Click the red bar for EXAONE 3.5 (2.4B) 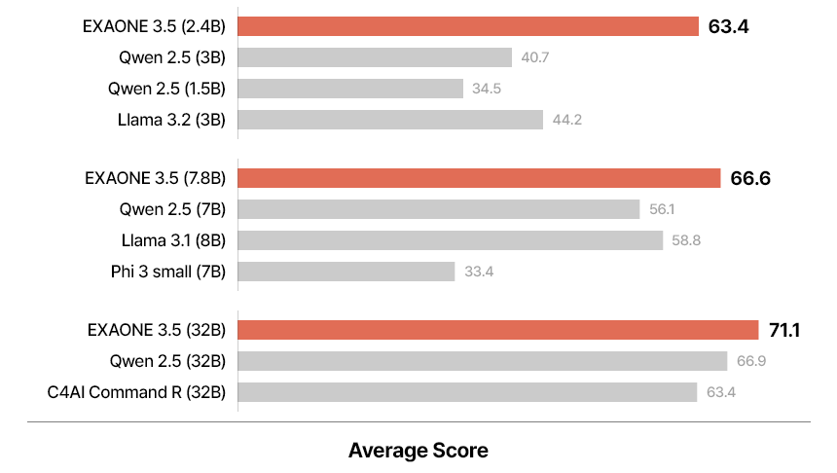(x=468, y=26)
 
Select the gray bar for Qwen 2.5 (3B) (x=375, y=57)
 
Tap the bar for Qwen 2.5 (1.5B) (x=350, y=89)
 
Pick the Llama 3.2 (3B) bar (x=390, y=120)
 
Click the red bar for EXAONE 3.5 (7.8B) (x=479, y=178)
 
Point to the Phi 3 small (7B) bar (x=346, y=272)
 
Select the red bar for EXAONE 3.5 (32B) (x=498, y=330)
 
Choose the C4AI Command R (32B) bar (x=467, y=392)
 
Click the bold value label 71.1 (x=783, y=331)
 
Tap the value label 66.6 (x=751, y=179)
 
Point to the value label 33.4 (x=479, y=272)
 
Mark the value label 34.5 (x=487, y=89)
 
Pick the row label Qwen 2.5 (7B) (x=172, y=209)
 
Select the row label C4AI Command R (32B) (x=136, y=392)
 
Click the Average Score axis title (x=418, y=451)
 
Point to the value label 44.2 (x=566, y=120)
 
